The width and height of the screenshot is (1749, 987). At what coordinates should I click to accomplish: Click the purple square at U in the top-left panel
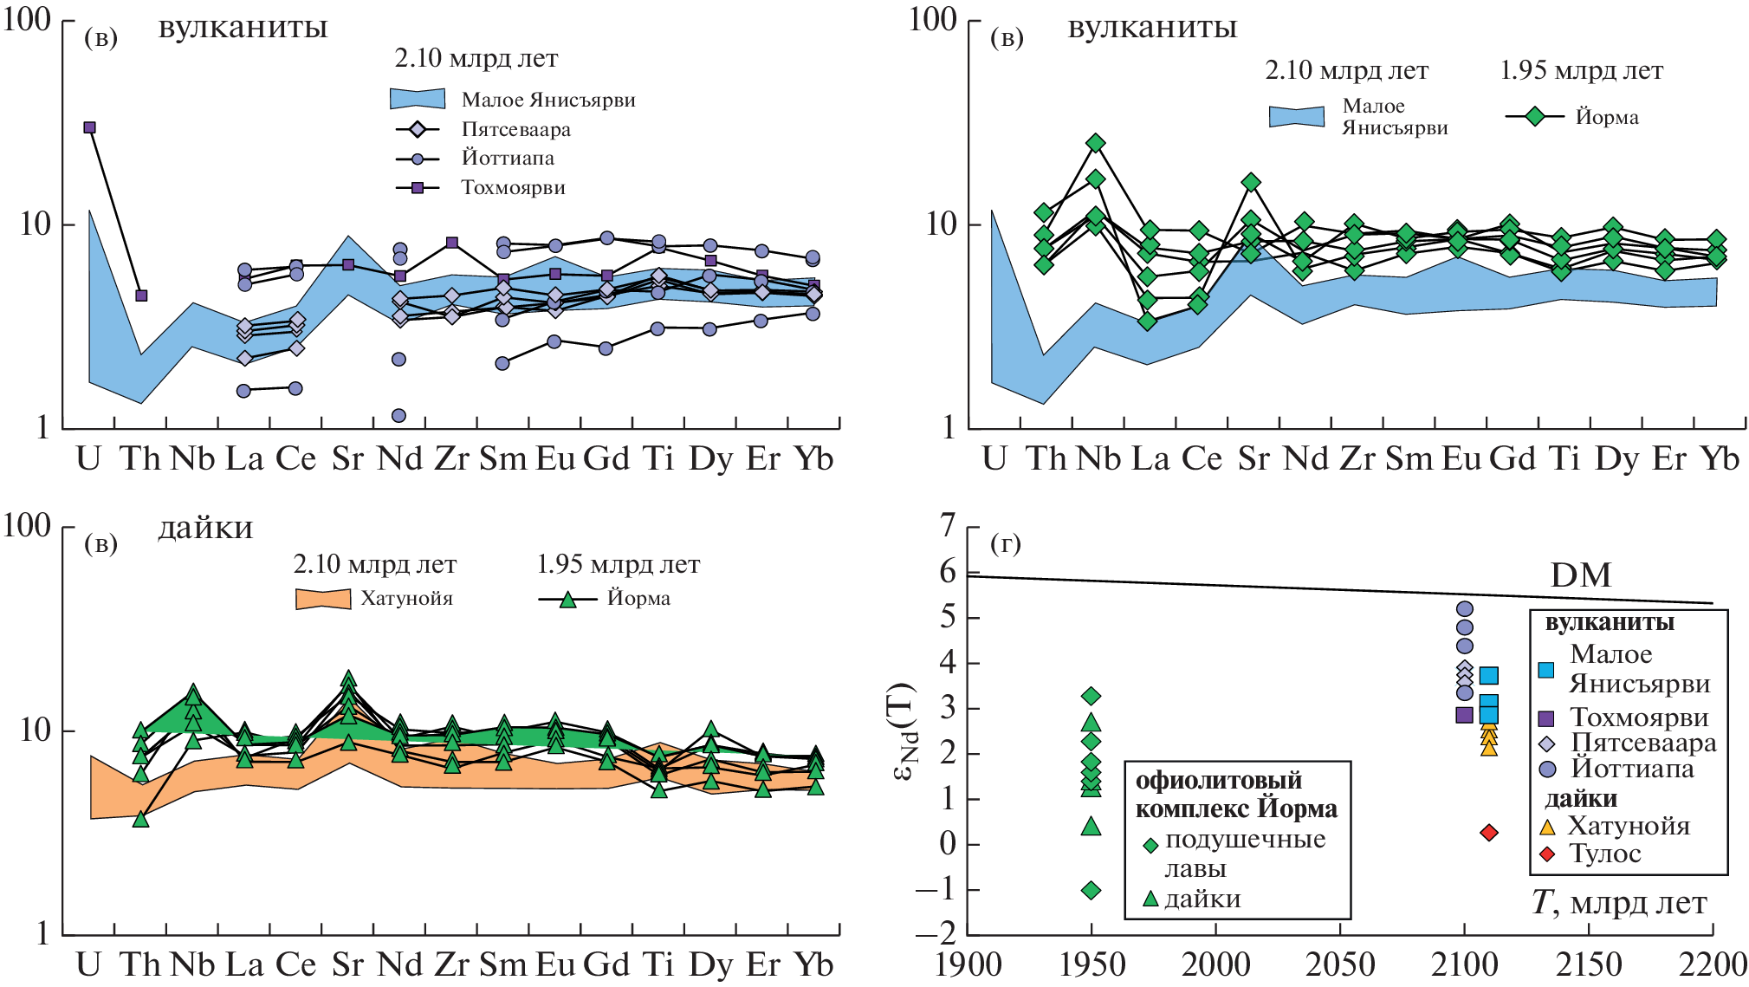click(x=89, y=127)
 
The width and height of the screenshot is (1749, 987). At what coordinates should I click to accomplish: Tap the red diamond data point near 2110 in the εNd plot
click(x=1489, y=833)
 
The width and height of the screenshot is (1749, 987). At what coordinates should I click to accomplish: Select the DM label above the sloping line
click(x=1580, y=575)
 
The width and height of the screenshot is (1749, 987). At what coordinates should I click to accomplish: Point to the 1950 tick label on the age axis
click(x=1092, y=964)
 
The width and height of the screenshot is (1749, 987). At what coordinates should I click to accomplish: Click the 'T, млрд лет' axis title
click(x=1618, y=903)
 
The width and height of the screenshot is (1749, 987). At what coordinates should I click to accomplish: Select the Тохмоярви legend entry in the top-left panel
click(x=513, y=188)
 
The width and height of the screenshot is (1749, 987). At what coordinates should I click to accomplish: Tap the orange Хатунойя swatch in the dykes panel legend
click(x=322, y=599)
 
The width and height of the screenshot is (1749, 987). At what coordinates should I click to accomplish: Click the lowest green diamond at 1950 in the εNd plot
click(x=1092, y=890)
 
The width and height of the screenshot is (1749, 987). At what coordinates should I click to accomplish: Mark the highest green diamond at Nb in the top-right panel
click(x=1096, y=143)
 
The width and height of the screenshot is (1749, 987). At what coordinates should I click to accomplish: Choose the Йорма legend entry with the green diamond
click(x=1607, y=117)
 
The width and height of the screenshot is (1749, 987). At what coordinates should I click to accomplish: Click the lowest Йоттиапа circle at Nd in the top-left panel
click(x=398, y=416)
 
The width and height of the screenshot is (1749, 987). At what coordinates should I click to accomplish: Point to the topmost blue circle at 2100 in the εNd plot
click(x=1465, y=609)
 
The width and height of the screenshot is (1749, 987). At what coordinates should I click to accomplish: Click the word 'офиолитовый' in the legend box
click(x=1218, y=781)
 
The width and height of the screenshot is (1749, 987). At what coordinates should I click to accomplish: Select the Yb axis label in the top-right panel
click(x=1719, y=458)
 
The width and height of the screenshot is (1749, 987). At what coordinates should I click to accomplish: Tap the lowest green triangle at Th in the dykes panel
click(x=141, y=818)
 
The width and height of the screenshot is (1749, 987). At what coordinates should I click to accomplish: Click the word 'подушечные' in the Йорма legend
click(x=1245, y=840)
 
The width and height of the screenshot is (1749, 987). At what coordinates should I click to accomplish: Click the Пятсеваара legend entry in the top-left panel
click(x=515, y=130)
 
